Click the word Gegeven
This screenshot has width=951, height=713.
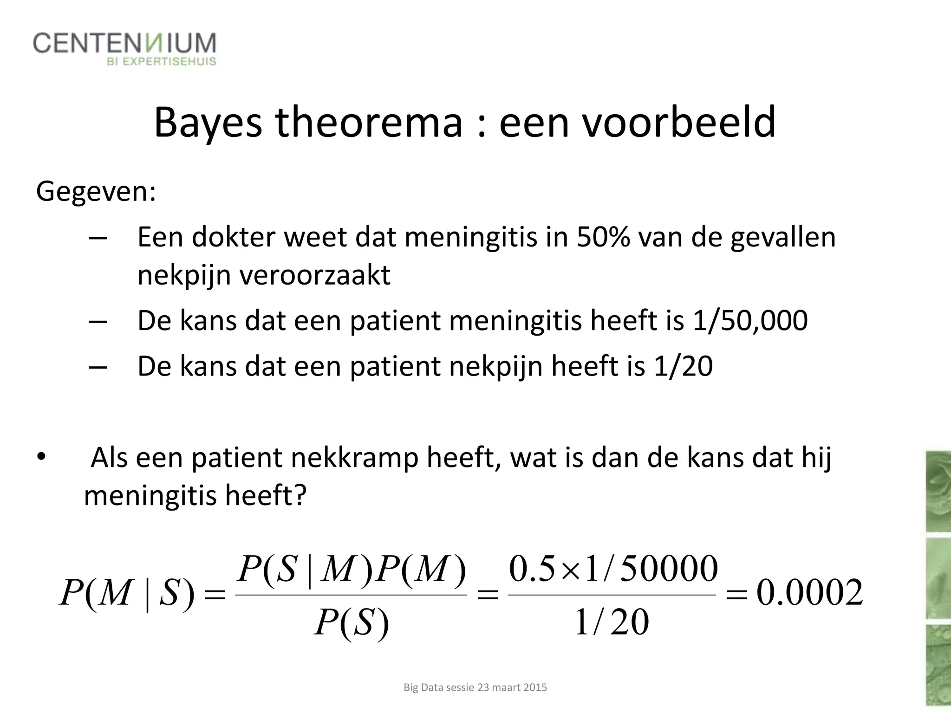pos(96,191)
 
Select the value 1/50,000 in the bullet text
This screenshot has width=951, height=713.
pos(749,320)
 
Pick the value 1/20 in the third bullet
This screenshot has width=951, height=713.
pos(683,366)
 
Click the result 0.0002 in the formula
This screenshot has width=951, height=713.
pos(810,593)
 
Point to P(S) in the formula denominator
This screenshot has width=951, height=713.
pos(351,622)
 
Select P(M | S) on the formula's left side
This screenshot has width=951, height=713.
pos(126,593)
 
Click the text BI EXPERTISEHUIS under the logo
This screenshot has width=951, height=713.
pos(161,62)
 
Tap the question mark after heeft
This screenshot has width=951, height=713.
pos(300,496)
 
